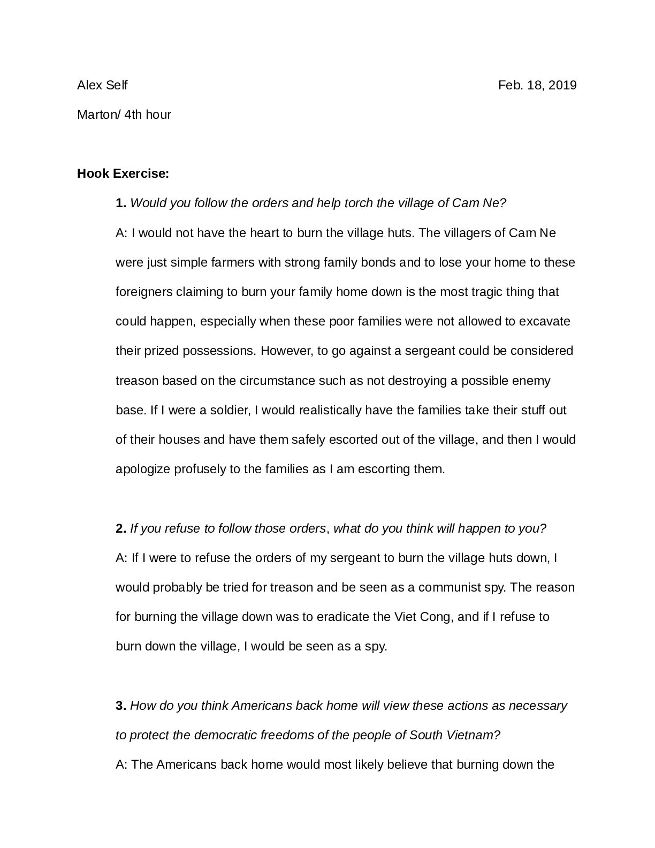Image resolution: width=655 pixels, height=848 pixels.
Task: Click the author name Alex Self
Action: click(x=102, y=85)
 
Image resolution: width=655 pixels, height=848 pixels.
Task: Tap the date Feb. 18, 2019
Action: click(x=537, y=85)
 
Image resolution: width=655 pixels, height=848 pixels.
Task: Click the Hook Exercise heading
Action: click(x=123, y=173)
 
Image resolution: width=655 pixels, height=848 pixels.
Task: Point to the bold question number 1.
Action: click(x=121, y=203)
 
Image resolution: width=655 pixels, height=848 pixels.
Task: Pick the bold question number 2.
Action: click(x=121, y=529)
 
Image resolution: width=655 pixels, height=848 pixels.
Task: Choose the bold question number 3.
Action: click(x=121, y=706)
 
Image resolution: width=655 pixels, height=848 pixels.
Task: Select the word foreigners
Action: click(x=144, y=292)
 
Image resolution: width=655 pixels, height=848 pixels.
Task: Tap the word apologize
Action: click(x=143, y=470)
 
